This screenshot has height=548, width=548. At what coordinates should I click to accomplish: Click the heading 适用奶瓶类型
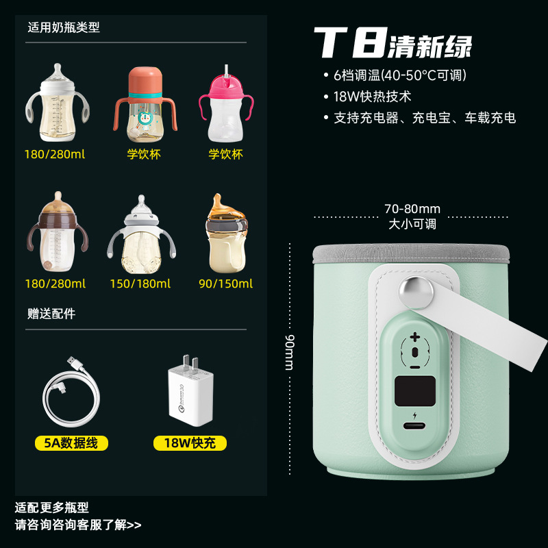(x=64, y=28)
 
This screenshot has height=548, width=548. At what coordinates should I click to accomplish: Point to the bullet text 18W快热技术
(x=372, y=97)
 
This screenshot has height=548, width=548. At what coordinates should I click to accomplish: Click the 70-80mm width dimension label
(x=412, y=209)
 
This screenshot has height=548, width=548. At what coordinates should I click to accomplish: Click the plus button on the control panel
(x=414, y=337)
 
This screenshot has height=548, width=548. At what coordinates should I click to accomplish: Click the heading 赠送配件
(x=51, y=314)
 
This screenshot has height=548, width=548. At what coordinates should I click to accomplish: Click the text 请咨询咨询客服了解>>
(x=78, y=525)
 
